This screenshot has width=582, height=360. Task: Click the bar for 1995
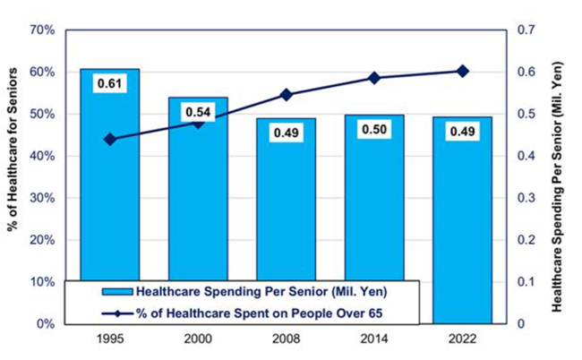pyautogui.click(x=109, y=179)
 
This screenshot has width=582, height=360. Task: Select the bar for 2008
pyautogui.click(x=286, y=197)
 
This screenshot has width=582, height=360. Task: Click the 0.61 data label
pyautogui.click(x=109, y=85)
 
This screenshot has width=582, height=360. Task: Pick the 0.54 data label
pyautogui.click(x=198, y=113)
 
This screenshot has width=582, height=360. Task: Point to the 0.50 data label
pyautogui.click(x=374, y=131)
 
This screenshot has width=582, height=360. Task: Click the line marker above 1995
pyautogui.click(x=109, y=139)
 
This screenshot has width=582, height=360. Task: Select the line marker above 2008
pyautogui.click(x=286, y=94)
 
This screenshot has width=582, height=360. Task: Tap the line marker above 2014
pyautogui.click(x=374, y=78)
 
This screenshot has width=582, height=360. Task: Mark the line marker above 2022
pyautogui.click(x=462, y=71)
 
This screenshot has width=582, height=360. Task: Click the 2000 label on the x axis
pyautogui.click(x=198, y=339)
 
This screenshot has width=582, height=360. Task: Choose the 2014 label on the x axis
pyautogui.click(x=374, y=339)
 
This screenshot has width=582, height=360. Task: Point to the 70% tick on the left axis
pyautogui.click(x=43, y=30)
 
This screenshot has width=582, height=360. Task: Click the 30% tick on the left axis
pyautogui.click(x=43, y=198)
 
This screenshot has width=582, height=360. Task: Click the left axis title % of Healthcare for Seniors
pyautogui.click(x=13, y=176)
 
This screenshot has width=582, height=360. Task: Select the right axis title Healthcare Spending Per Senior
pyautogui.click(x=559, y=176)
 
